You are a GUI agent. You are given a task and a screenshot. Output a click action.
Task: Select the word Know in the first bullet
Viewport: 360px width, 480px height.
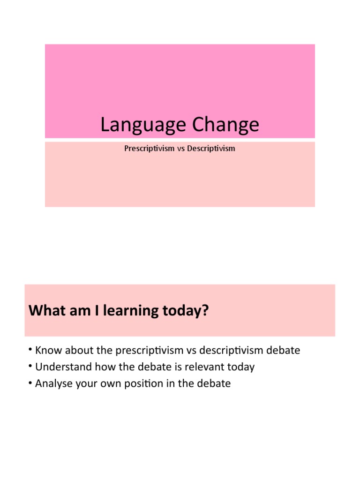(46, 350)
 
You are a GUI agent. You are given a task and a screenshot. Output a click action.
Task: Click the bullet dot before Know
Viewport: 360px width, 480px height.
(30, 350)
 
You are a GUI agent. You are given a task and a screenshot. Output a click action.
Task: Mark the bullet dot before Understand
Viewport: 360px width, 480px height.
(30, 366)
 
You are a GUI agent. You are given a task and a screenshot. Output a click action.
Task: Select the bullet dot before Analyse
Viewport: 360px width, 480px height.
(30, 382)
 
